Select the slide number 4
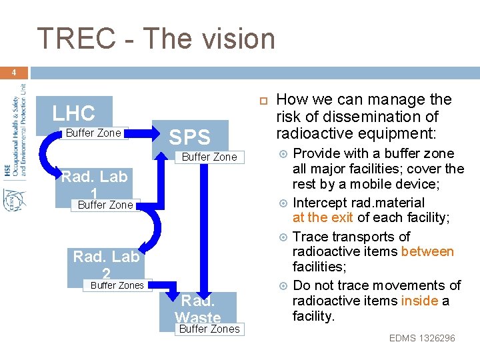13,73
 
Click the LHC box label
74,113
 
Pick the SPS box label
189,137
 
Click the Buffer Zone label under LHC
93,133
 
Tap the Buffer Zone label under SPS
209,157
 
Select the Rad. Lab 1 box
93,183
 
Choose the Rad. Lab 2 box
106,262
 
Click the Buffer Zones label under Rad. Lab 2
117,285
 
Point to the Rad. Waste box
198,309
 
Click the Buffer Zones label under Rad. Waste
209,329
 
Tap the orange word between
427,251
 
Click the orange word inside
419,301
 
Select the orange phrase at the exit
323,217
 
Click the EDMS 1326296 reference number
422,338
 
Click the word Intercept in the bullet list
321,202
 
